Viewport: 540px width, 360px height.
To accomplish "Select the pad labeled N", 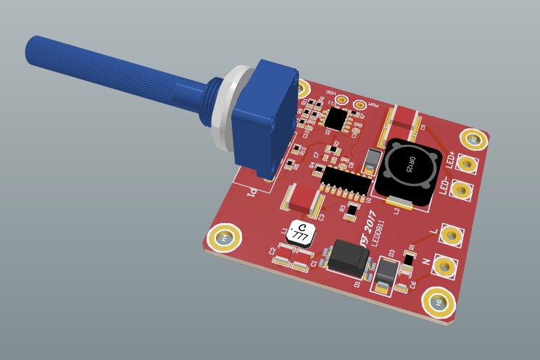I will coord(445,266).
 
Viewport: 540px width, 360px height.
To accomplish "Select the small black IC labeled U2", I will coord(336,117).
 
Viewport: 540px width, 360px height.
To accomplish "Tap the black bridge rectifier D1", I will coord(349,258).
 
